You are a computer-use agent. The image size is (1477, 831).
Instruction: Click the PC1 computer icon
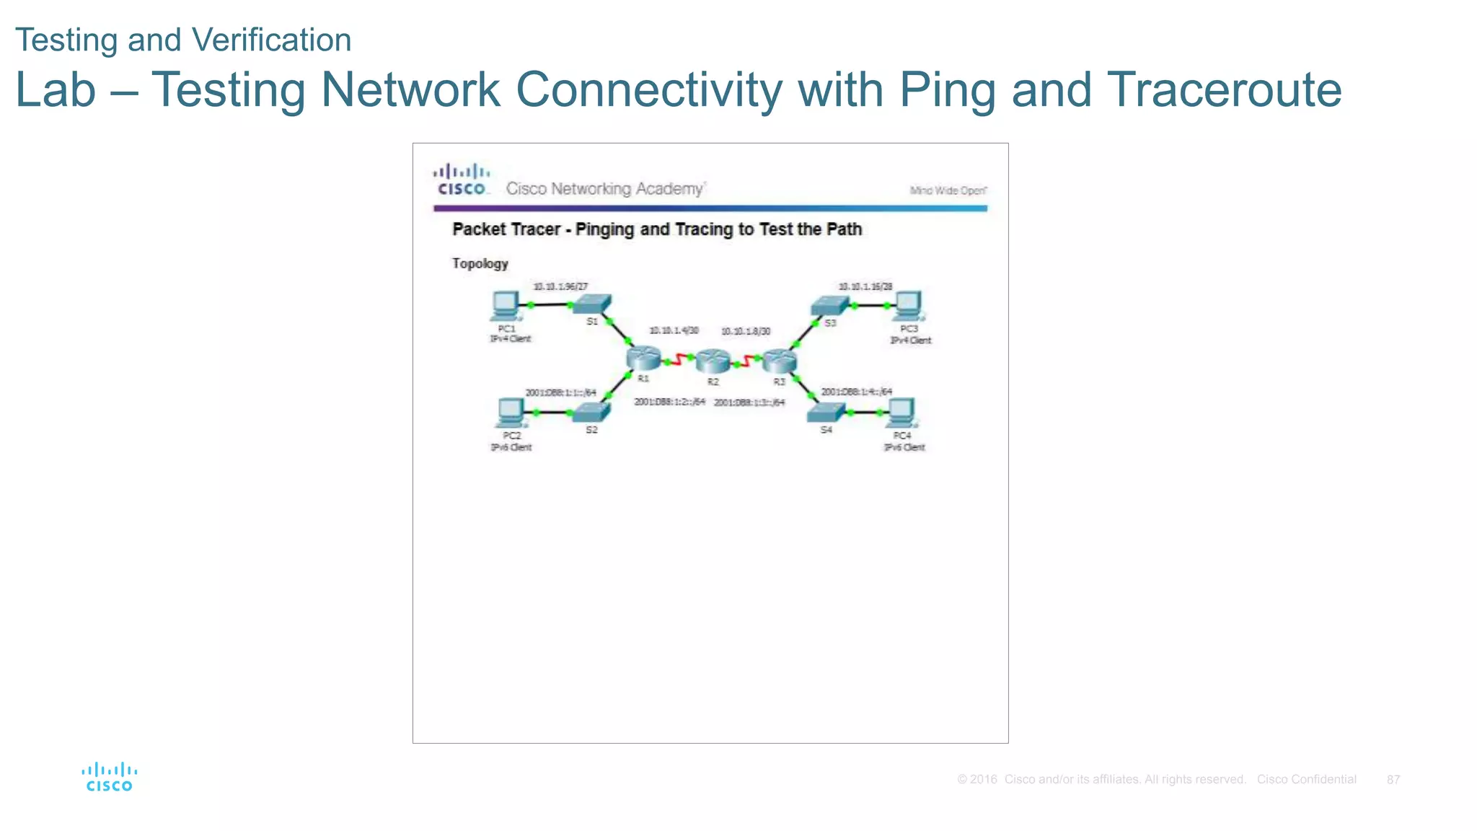505,306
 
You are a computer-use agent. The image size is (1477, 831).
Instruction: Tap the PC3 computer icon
909,306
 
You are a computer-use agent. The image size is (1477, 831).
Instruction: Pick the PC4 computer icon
901,413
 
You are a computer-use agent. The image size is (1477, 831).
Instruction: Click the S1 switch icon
593,304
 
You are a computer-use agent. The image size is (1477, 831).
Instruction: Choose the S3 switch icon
829,305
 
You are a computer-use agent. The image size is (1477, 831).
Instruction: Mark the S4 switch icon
826,412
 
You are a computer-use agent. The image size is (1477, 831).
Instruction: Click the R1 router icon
643,358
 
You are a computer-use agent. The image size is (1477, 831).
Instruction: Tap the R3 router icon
780,360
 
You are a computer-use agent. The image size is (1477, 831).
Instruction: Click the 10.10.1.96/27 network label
560,286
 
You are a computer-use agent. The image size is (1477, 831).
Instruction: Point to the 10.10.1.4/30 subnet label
674,330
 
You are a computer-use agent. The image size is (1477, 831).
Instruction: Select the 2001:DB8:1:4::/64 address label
856,392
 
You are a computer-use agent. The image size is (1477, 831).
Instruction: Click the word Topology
480,263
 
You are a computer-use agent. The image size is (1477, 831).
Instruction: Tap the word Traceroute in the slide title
1224,90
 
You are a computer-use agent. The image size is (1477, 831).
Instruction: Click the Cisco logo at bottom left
110,777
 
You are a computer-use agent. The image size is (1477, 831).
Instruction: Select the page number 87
1393,780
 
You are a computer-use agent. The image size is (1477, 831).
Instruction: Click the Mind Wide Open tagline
948,190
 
